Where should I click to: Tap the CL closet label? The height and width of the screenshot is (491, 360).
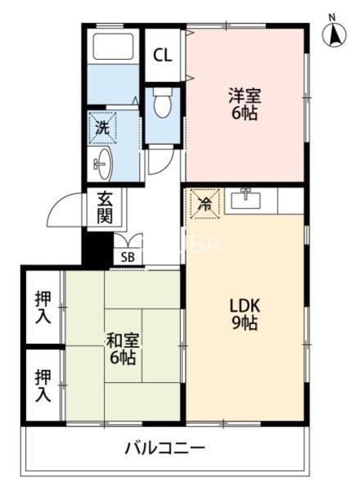coord(163,56)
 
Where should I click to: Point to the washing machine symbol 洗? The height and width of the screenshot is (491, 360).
coord(102,127)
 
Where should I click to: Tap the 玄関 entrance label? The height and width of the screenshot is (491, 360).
coord(104,207)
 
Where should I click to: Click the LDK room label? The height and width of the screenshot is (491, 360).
coord(243,305)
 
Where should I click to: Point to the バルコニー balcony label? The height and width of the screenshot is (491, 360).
coord(164,448)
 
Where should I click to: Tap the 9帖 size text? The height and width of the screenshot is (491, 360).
coord(244,323)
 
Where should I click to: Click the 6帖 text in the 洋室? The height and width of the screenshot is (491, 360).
coord(243,114)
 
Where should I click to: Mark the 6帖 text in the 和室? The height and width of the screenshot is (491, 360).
coord(121,358)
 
